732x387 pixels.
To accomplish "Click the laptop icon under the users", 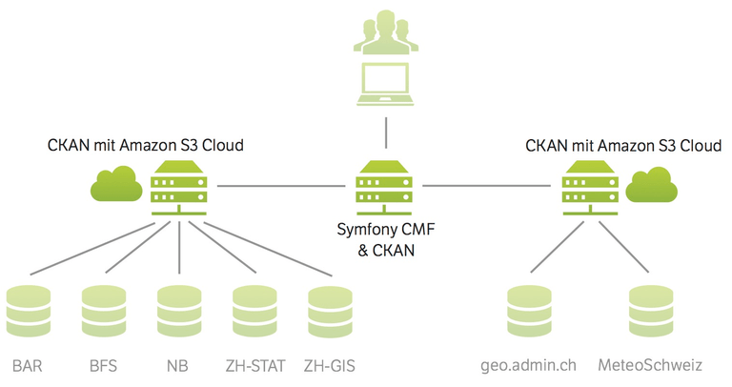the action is point(386,84).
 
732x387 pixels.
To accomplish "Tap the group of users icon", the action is point(386,32).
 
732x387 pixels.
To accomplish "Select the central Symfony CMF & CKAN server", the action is point(384,188).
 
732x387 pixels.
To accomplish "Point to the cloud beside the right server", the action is point(651,184).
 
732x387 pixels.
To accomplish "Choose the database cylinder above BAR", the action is point(29,311).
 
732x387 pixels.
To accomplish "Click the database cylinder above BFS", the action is point(104,311).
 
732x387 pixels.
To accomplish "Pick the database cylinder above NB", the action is point(179,311).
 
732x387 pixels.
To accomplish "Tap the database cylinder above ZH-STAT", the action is point(254,311).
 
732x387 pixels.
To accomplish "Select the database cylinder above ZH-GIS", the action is point(330,312).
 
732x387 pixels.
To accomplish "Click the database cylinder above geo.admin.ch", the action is point(529,311).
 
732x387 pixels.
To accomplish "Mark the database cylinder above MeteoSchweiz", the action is point(651,311).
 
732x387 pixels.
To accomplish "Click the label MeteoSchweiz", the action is point(650,365).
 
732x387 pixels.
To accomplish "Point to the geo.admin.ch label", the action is point(528,366).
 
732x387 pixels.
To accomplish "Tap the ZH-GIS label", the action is point(330,366).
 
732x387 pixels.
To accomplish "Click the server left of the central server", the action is point(179,188).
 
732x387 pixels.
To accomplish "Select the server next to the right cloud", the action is point(591,188).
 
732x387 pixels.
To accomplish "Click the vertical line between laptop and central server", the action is point(386,133).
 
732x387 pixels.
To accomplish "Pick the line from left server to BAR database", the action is point(92,249).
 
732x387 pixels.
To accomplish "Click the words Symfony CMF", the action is point(386,230).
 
